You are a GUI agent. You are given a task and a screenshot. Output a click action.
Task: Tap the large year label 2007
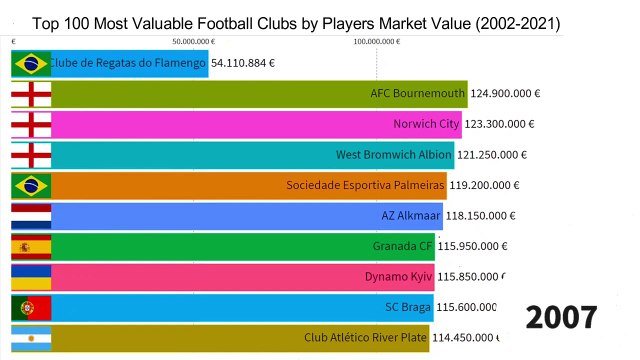pyautogui.click(x=562, y=317)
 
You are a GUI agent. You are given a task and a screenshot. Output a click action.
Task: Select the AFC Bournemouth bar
pyautogui.click(x=260, y=94)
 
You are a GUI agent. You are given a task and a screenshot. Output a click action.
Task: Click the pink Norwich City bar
pyautogui.click(x=256, y=125)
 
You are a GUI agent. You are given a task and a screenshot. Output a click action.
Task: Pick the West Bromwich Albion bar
pyautogui.click(x=253, y=155)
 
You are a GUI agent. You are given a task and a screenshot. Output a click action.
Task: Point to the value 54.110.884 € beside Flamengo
pyautogui.click(x=243, y=62)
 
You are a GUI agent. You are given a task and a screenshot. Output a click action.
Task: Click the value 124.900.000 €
pyautogui.click(x=505, y=94)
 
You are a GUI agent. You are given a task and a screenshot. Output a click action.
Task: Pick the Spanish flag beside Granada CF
pyautogui.click(x=30, y=246)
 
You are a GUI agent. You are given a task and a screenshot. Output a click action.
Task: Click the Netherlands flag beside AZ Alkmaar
pyautogui.click(x=30, y=216)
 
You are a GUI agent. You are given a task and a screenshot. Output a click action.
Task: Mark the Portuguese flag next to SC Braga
pyautogui.click(x=30, y=307)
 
